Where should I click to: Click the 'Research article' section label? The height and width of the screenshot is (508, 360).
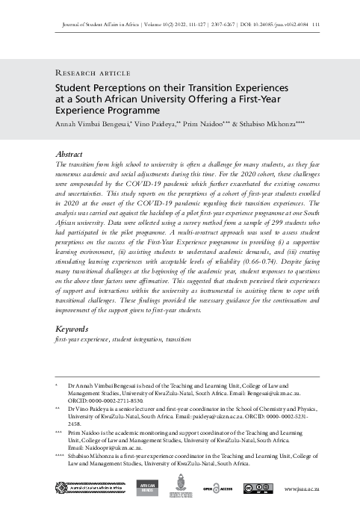click(x=90, y=73)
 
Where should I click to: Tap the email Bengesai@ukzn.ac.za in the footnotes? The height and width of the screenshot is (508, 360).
click(x=272, y=391)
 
